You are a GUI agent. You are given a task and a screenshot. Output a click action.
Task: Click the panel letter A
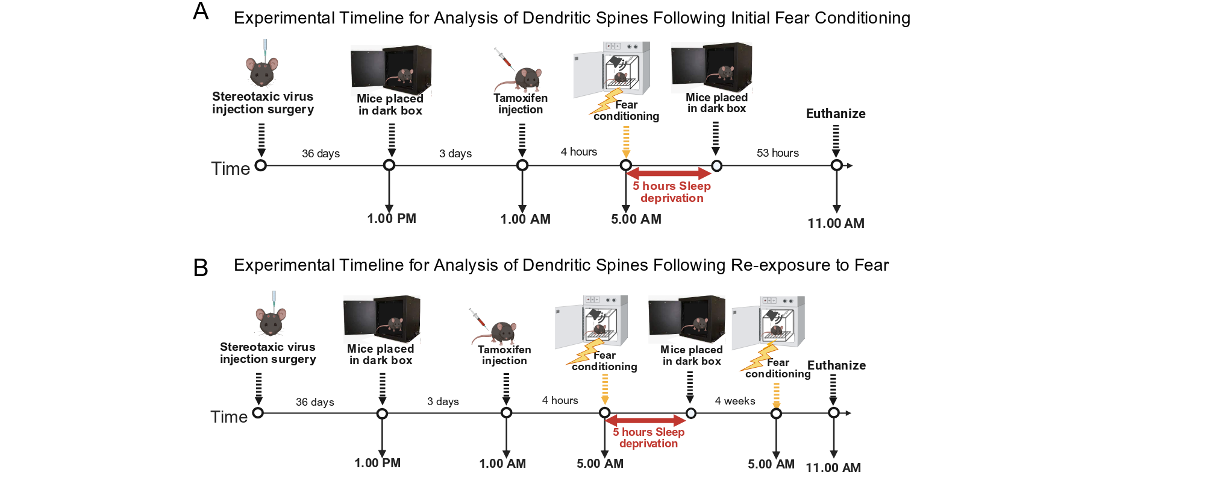point(201,11)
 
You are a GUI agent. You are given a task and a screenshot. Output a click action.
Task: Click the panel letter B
point(201,268)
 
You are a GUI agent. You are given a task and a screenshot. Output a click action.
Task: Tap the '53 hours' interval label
point(777,153)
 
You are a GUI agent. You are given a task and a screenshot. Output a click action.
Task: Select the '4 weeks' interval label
point(735,401)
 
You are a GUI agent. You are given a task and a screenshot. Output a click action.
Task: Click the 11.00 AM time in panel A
point(836,223)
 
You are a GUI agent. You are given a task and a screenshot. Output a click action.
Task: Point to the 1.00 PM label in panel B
point(377,463)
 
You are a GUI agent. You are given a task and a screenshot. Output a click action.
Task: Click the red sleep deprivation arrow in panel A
point(669,174)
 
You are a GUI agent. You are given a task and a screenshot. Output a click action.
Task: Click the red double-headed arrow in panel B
point(646,421)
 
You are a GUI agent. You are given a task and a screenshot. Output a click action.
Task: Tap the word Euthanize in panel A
point(836,114)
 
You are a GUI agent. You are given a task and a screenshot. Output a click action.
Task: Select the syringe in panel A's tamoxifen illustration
point(502,57)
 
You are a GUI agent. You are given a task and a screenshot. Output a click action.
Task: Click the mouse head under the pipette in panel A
point(262,72)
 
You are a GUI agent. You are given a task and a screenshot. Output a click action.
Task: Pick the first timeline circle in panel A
point(261,165)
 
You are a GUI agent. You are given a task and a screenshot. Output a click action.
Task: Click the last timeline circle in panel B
point(833,413)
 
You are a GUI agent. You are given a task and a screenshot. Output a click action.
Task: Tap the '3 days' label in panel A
point(455,154)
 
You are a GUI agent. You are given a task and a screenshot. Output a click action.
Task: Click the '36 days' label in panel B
point(315,402)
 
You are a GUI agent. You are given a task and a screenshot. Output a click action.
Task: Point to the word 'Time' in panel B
point(229,417)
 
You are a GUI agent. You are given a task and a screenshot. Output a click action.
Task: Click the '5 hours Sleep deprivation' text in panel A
point(672,192)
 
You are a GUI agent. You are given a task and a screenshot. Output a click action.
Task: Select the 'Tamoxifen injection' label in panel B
point(504,355)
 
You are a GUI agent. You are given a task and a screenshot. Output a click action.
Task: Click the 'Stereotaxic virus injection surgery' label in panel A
point(263,103)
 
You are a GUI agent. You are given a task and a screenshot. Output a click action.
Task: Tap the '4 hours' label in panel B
point(560,400)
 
